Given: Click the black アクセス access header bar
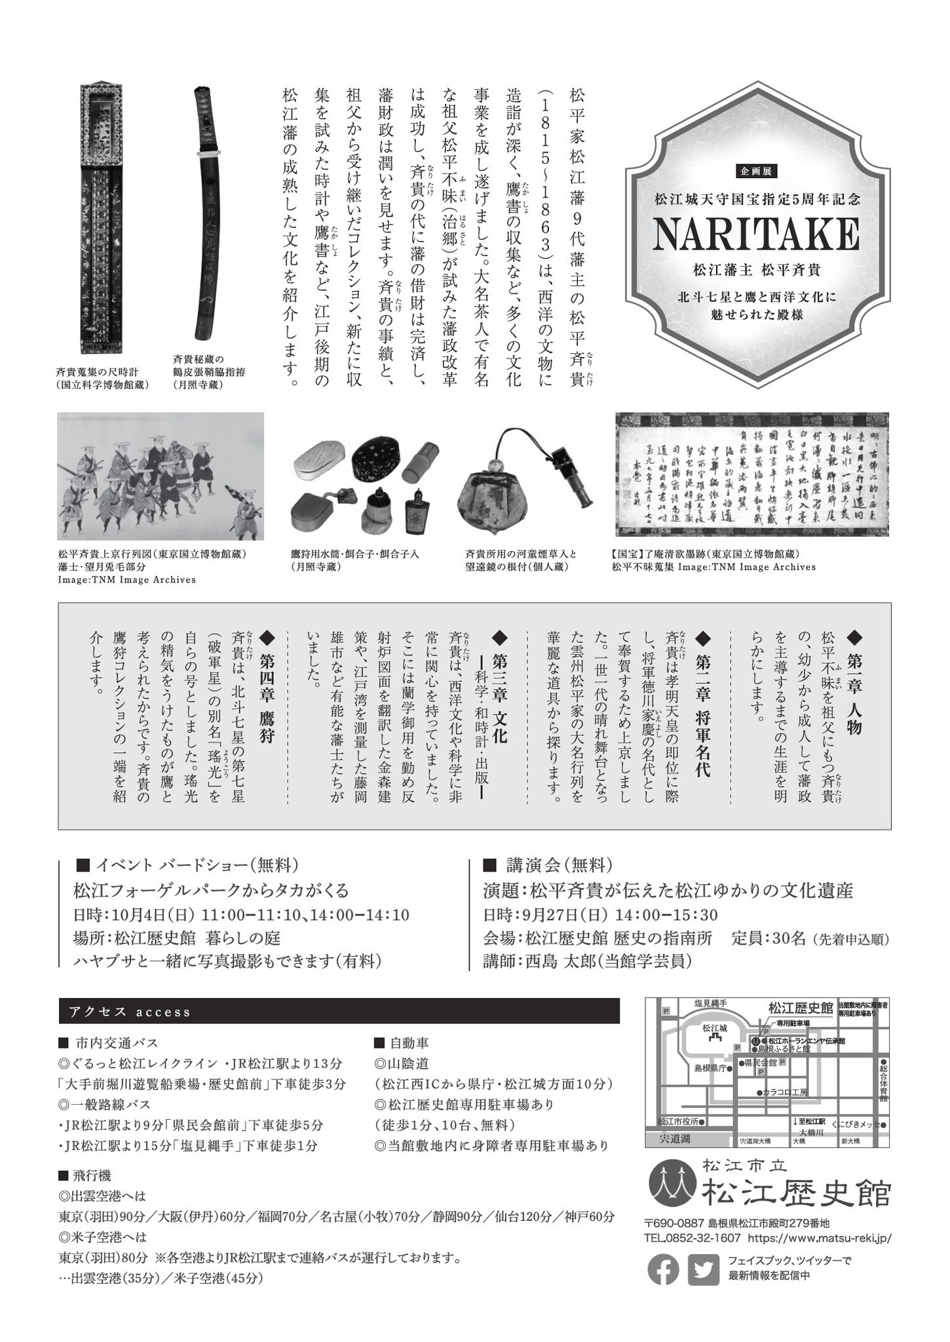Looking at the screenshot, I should click(x=339, y=1011).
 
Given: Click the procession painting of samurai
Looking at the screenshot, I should click(x=161, y=476).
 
